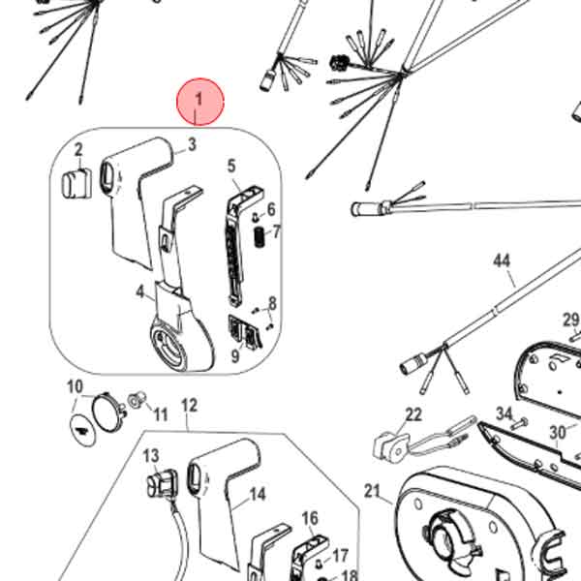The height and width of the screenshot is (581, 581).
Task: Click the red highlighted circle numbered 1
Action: (x=200, y=102)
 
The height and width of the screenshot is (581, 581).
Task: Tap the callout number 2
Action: (x=78, y=150)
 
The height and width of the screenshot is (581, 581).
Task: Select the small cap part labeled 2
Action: (x=76, y=183)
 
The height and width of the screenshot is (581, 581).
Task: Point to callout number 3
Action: (x=192, y=144)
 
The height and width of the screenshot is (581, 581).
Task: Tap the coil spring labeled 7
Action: (x=260, y=237)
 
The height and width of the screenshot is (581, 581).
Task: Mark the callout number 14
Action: (x=258, y=494)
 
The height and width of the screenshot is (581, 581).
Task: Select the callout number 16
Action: (x=310, y=518)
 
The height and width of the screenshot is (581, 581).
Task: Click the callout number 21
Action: (x=372, y=491)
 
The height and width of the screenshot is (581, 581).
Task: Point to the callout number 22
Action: (x=413, y=414)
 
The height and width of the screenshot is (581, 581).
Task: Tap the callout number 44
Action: (x=502, y=260)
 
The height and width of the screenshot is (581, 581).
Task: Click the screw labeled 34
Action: (x=520, y=423)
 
